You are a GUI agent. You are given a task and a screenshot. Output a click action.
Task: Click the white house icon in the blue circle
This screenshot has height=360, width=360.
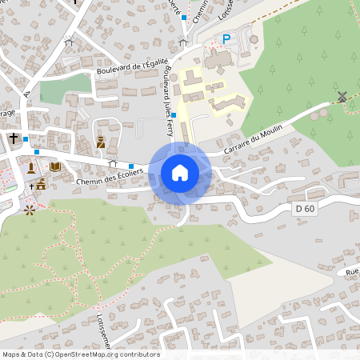coord(179,172)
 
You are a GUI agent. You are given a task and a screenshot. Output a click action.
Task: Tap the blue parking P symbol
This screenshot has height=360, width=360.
coord(226,38)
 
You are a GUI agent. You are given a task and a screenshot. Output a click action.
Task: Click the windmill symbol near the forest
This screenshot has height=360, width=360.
coord(342,97)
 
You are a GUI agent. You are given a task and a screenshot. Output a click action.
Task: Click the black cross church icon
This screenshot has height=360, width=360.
coord(14,138)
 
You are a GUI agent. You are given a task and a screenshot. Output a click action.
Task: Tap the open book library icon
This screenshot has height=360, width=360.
coord(54,166)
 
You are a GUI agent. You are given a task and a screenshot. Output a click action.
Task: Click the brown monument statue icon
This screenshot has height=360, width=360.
coord(31,167)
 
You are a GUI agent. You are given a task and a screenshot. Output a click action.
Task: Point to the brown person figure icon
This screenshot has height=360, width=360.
coord(101,143)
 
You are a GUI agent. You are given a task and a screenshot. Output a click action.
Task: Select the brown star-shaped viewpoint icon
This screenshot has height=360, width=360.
coord(30,210)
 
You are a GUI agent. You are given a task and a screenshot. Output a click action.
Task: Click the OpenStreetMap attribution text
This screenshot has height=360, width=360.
coord(81,354)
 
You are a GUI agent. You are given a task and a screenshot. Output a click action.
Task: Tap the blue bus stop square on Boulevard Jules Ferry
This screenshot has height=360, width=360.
coord(174,115)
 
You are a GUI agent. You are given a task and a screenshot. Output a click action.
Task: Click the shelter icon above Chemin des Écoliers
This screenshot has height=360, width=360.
coord(123,162)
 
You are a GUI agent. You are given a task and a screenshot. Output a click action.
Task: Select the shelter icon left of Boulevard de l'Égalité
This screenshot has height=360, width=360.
coord(69,43)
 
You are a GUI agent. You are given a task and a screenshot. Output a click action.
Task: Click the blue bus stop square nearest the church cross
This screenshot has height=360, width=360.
coord(26,139)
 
